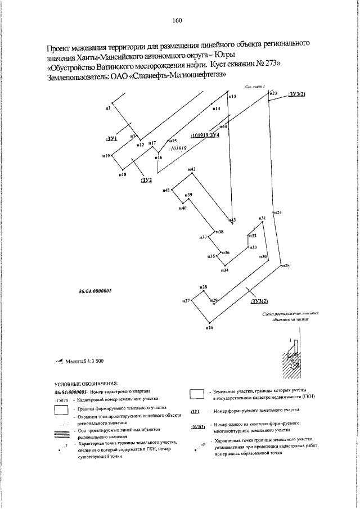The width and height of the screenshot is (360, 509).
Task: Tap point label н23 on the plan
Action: coord(274,93)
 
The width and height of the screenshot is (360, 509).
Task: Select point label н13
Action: coord(232,97)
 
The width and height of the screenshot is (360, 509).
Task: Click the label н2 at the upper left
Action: coord(107,107)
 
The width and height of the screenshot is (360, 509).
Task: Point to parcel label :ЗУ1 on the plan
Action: coord(111,138)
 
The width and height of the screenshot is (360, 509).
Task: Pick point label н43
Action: coord(232,219)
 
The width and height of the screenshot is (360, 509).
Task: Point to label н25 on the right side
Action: coord(286,265)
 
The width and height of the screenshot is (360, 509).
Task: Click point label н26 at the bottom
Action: coord(209,327)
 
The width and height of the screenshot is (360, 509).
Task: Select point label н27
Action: coord(185,301)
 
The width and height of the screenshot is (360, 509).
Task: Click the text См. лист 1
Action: coord(255,87)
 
